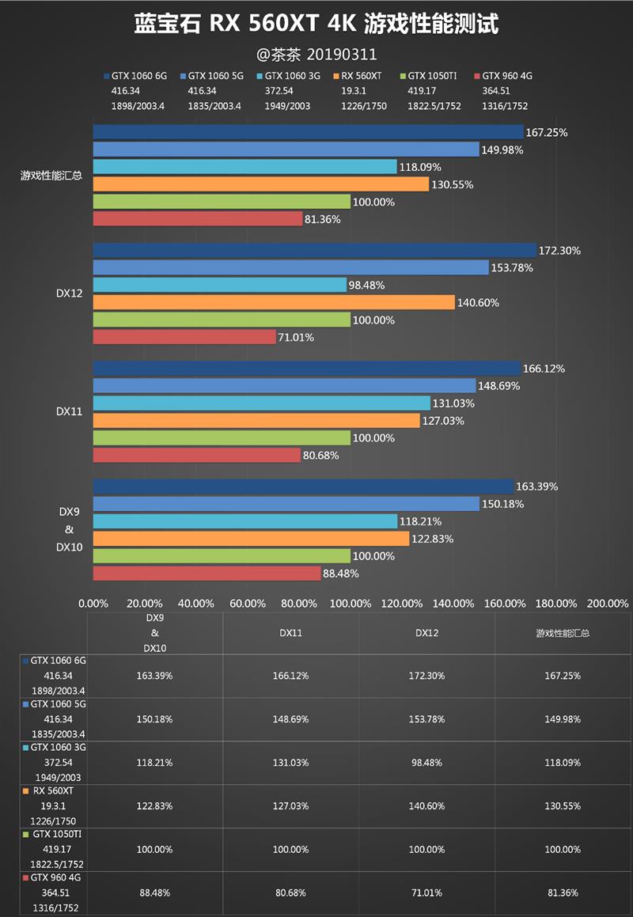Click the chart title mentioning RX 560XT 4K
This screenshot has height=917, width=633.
(316, 25)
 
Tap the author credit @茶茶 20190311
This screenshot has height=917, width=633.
(316, 55)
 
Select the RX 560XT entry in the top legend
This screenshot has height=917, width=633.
(361, 77)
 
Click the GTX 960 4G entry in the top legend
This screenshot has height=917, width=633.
(506, 77)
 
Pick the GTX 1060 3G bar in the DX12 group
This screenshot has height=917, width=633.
(220, 285)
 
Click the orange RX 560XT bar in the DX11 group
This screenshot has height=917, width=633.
(256, 421)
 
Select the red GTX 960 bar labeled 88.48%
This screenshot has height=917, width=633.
(207, 574)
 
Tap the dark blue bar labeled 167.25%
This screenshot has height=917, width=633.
(309, 132)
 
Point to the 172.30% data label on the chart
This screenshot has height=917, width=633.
(559, 251)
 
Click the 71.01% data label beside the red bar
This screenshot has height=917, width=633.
(296, 338)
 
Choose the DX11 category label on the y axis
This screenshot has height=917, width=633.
(69, 412)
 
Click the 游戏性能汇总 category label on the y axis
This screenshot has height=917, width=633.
(51, 176)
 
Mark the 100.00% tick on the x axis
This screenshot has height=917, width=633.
(350, 604)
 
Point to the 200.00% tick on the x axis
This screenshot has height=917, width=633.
(607, 604)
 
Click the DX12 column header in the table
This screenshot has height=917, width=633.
(426, 633)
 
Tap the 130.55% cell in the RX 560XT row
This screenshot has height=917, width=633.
(563, 806)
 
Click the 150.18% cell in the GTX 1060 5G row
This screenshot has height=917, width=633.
(154, 719)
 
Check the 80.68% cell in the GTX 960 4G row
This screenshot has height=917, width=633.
(290, 892)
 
